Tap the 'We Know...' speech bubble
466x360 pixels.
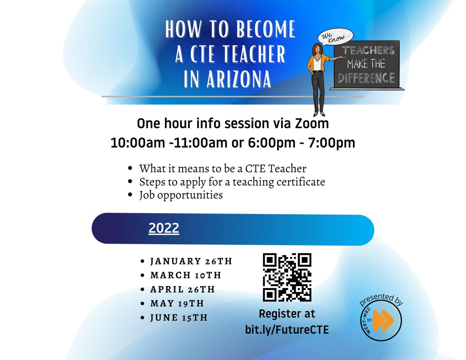(x=335, y=37)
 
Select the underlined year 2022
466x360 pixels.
(x=163, y=228)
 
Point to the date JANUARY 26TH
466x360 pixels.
(x=191, y=261)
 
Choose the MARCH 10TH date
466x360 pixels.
(x=186, y=275)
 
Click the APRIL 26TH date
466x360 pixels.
(x=183, y=289)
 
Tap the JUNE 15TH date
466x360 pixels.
(x=179, y=318)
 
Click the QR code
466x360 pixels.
(x=287, y=277)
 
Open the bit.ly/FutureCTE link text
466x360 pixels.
(x=287, y=330)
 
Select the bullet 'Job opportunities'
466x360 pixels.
(x=181, y=195)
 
